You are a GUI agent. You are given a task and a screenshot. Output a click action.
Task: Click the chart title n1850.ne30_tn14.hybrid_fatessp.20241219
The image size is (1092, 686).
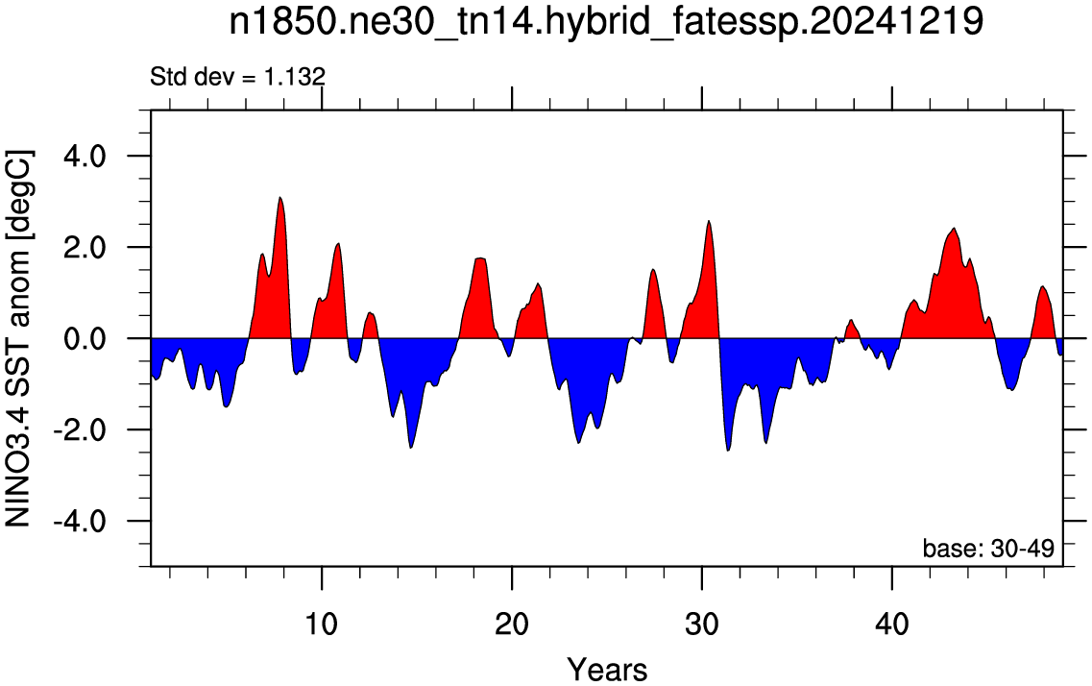coord(606,22)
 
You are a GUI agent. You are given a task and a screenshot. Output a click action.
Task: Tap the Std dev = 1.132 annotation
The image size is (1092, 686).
coord(237,77)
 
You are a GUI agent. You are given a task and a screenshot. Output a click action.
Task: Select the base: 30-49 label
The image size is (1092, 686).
coord(988,548)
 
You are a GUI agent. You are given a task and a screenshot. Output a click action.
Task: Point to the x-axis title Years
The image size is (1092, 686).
coord(607,670)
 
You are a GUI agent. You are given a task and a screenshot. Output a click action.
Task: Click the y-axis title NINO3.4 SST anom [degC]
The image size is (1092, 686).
coord(18,338)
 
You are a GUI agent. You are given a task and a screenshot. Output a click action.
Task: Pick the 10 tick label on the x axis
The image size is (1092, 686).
coord(321,624)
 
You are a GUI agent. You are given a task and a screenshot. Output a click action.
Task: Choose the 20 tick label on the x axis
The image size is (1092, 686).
coord(512,624)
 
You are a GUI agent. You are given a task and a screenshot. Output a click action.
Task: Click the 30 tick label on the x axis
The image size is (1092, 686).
coord(702,624)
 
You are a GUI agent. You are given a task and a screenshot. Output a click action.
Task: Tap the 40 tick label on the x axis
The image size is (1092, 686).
coord(892,624)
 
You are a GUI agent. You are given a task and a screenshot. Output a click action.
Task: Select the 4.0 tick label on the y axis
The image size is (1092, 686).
coord(85,156)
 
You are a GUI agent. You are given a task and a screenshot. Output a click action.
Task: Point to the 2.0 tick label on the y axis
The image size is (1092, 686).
coord(85,247)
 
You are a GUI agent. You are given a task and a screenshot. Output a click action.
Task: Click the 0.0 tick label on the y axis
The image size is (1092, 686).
coord(85,338)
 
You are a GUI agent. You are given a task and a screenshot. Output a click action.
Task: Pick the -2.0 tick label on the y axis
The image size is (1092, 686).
coord(80,429)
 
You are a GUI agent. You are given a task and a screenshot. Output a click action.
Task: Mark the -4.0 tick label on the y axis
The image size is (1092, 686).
coord(80,521)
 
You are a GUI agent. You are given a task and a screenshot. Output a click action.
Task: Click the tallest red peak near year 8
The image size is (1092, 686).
coord(280,198)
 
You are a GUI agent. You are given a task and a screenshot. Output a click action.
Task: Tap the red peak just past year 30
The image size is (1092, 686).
coord(708,222)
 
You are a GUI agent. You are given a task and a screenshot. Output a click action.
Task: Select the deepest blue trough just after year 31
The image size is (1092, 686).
coord(728,450)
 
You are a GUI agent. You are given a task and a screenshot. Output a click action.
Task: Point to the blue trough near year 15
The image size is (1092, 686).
coord(411,447)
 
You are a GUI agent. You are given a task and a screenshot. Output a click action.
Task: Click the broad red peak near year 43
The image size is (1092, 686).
coord(954,229)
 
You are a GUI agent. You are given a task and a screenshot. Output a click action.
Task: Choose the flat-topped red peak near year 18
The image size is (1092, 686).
coord(480,259)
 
